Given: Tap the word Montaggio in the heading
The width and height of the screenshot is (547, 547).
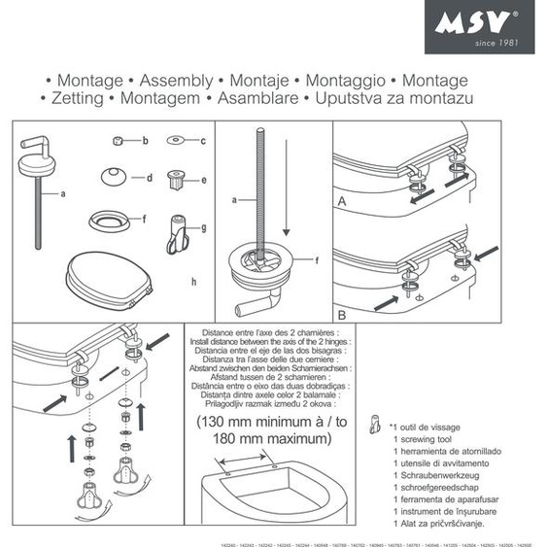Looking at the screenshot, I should pos(346,81).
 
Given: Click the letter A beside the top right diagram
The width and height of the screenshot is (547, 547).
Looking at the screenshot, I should pos(341,202).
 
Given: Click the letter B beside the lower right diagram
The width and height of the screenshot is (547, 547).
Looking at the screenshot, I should pos(341,316).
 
